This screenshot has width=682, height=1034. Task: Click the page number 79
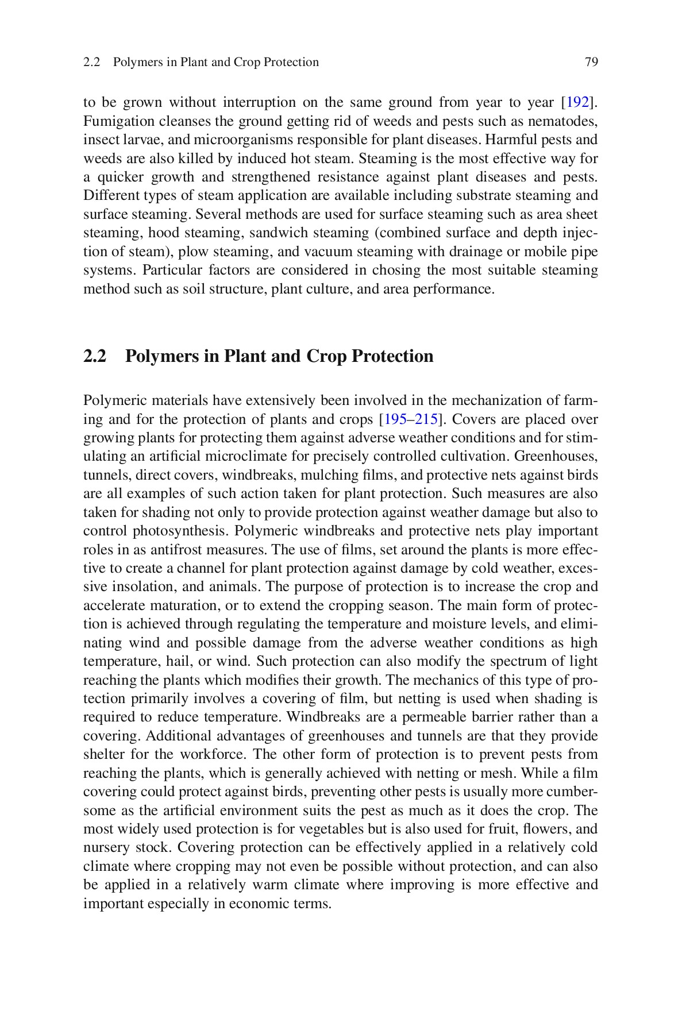(x=591, y=62)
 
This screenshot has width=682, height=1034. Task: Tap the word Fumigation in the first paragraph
(x=111, y=121)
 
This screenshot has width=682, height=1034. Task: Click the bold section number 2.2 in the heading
(x=95, y=356)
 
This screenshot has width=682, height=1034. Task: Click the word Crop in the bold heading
(x=326, y=356)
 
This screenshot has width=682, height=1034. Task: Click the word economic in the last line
(x=256, y=904)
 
